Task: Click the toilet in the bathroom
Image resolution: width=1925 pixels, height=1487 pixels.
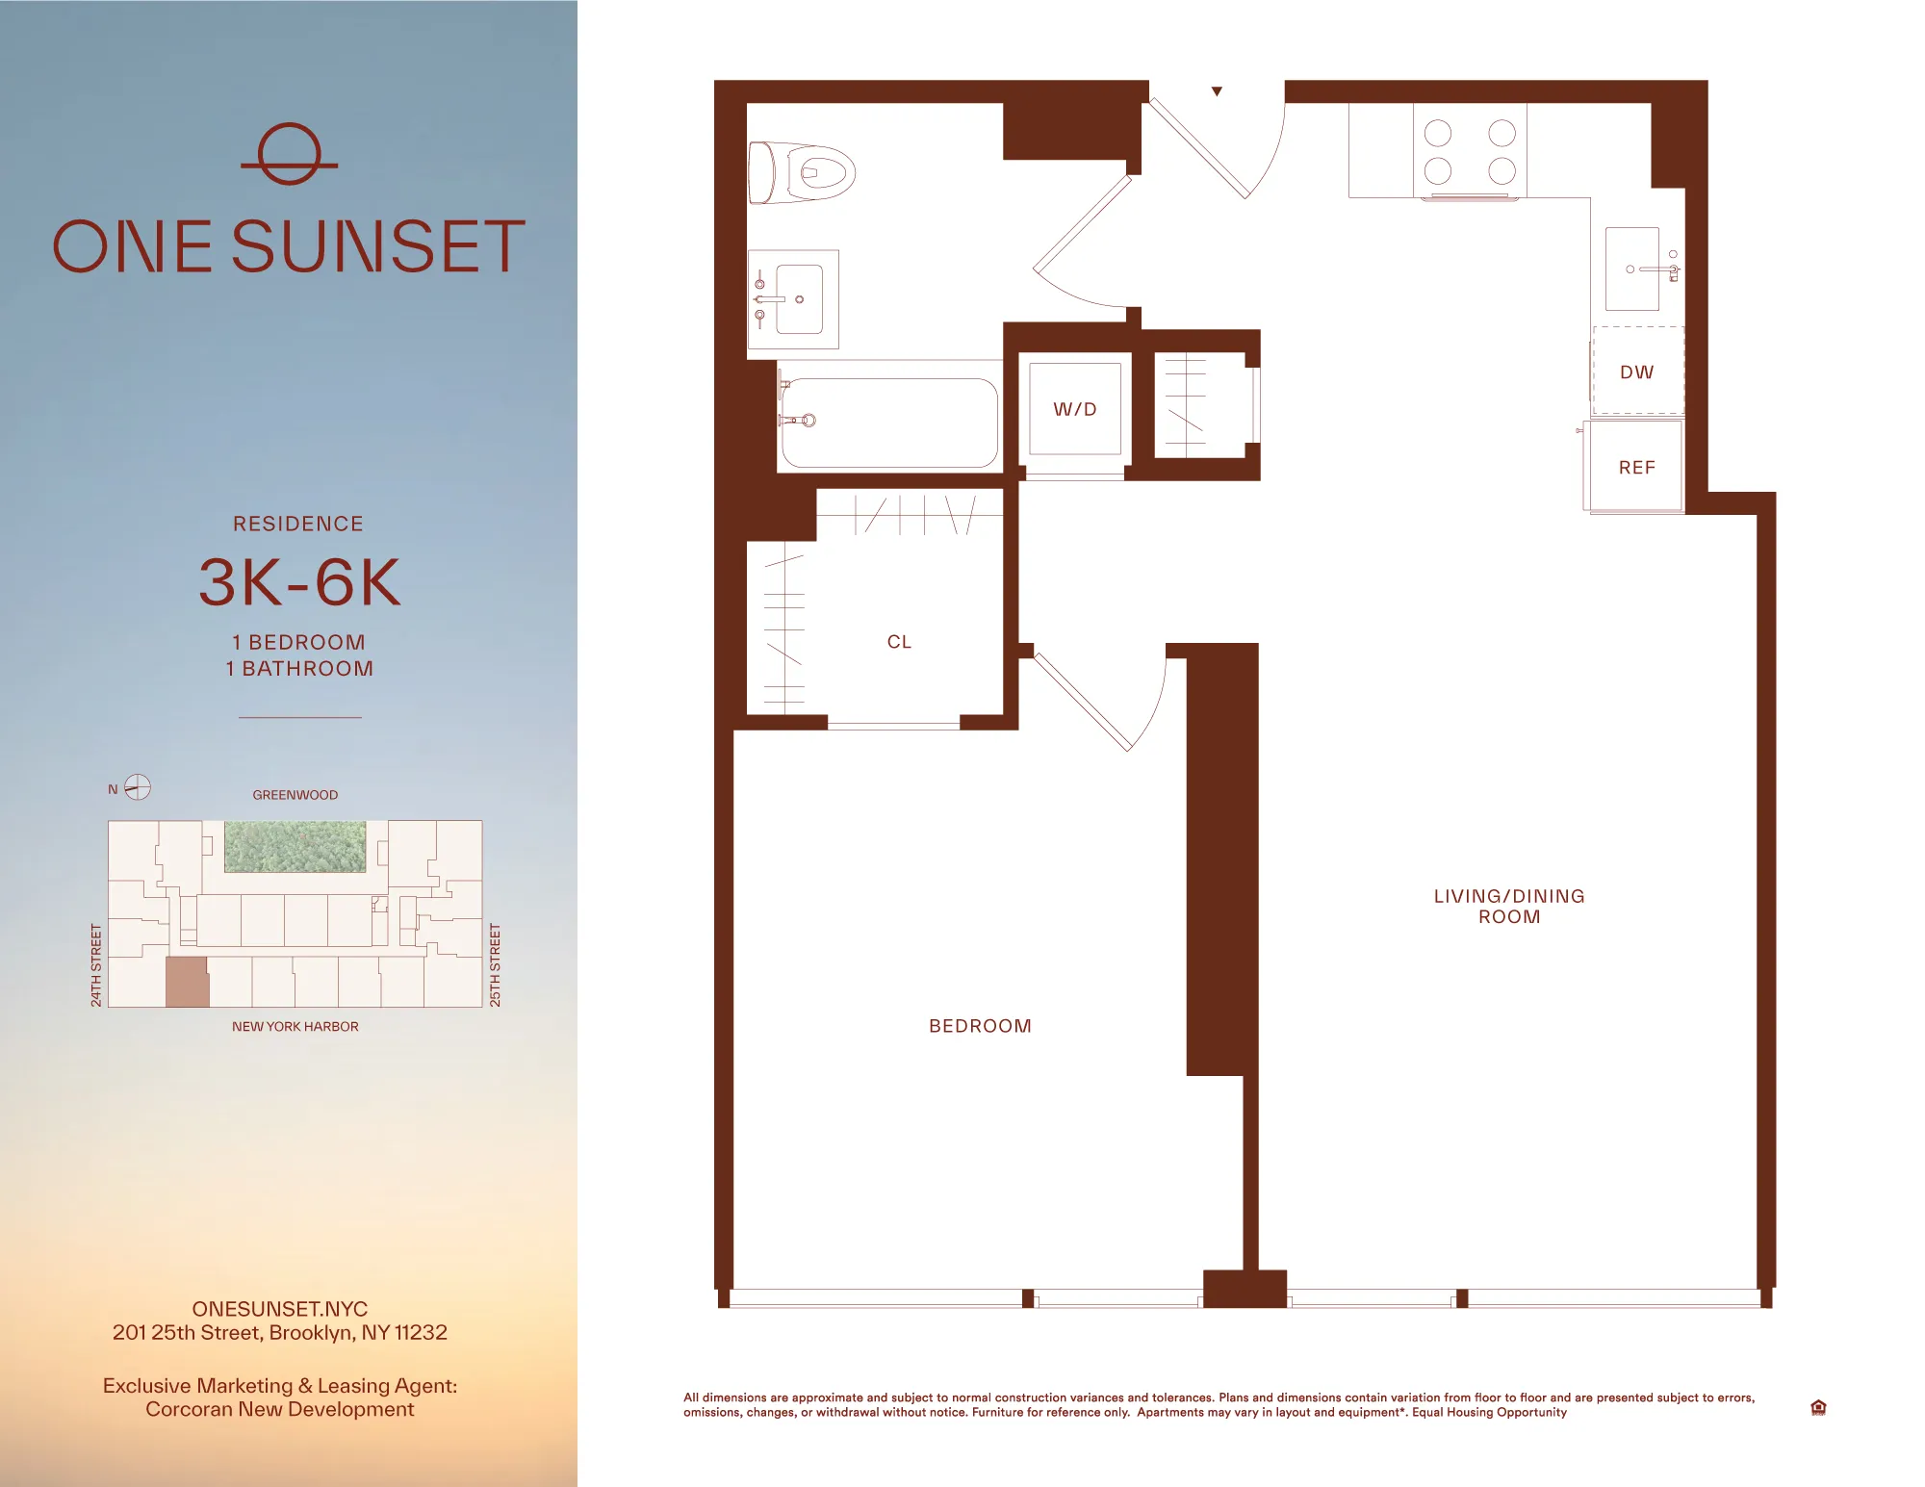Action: pos(804,173)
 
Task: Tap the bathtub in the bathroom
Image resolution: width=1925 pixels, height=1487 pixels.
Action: pos(888,423)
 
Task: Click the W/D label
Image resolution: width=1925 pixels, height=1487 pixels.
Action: pos(1074,409)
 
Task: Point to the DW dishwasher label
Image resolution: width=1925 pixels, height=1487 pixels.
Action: pos(1636,372)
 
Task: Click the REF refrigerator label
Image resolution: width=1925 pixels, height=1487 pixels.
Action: pos(1636,468)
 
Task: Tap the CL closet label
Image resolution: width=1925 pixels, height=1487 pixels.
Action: pos(899,642)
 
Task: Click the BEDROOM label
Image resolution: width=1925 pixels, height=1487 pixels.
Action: pos(980,1026)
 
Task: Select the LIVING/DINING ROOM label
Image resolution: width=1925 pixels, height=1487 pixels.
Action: pos(1509,906)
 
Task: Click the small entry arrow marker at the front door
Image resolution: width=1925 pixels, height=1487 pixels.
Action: pos(1217,91)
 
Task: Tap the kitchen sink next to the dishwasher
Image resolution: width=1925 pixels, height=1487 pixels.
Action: pos(1632,269)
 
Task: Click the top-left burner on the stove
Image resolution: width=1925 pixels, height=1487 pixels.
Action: pos(1438,133)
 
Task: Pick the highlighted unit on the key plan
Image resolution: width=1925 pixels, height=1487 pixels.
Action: pos(187,982)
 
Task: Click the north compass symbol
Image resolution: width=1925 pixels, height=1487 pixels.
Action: pos(138,787)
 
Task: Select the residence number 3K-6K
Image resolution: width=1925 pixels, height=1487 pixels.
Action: pos(299,582)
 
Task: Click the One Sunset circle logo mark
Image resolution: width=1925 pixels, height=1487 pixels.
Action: pos(289,154)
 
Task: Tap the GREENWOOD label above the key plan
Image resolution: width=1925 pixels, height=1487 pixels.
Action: pos(295,795)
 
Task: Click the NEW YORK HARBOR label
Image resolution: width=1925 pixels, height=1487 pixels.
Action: pos(295,1027)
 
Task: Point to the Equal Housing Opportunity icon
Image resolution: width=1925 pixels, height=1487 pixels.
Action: pos(1818,1407)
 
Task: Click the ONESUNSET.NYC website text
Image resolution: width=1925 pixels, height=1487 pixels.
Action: pos(279,1309)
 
